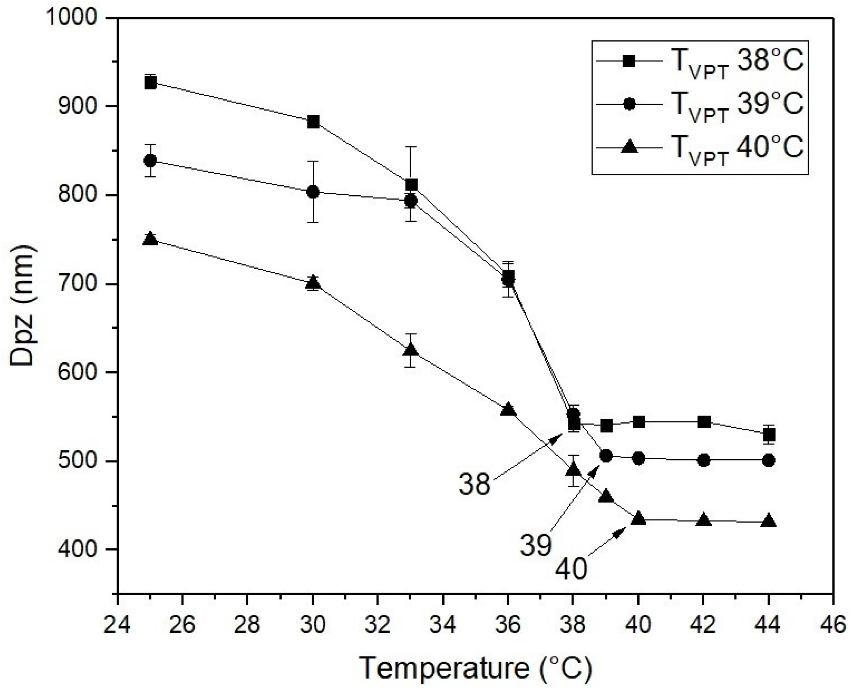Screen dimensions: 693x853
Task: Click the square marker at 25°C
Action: [150, 83]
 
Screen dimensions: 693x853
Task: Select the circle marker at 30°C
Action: [313, 192]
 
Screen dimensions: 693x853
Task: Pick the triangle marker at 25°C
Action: [150, 238]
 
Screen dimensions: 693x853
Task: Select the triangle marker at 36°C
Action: [508, 410]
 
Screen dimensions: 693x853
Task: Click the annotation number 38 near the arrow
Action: [474, 484]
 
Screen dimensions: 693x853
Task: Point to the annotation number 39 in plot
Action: [536, 545]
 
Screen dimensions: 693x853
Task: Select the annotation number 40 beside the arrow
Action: [571, 568]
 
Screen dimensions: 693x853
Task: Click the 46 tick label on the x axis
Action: [833, 625]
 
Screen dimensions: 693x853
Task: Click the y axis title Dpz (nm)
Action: [23, 306]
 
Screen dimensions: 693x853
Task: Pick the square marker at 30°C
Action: [313, 122]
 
